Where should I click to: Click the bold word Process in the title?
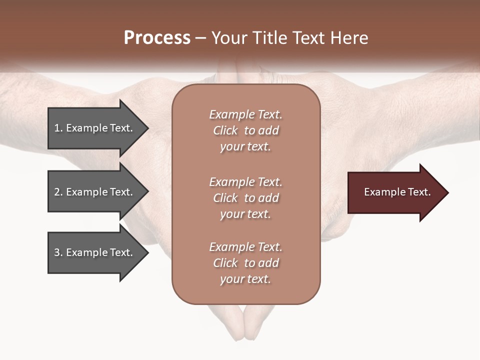point(157,38)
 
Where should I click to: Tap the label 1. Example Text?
point(93,128)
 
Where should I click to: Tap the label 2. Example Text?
point(93,192)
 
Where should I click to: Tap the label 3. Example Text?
point(93,252)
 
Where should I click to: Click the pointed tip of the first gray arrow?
point(147,128)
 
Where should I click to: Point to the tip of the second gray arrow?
point(147,192)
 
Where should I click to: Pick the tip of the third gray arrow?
point(147,253)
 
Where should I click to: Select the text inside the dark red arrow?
point(397,192)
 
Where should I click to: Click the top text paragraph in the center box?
point(245,130)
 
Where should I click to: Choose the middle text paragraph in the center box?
point(245,198)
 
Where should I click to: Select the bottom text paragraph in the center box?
point(245,263)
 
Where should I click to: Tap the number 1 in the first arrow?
point(56,128)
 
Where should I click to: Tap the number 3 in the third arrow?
point(57,252)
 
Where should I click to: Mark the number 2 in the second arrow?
point(57,192)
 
